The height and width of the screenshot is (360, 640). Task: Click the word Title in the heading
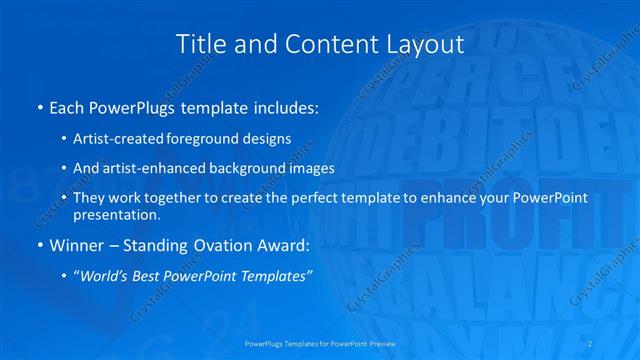click(198, 44)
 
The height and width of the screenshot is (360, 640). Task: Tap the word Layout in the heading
click(426, 44)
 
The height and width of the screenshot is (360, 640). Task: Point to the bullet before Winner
click(39, 243)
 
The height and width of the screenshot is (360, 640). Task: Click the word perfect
click(310, 198)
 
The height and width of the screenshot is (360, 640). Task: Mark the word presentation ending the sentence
click(115, 215)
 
